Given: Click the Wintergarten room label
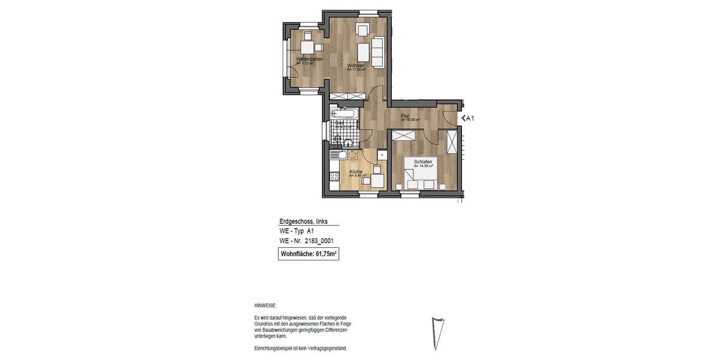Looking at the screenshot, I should pyautogui.click(x=310, y=59).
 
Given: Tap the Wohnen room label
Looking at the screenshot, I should pyautogui.click(x=356, y=65).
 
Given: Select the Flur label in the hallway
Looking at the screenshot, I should pyautogui.click(x=405, y=116).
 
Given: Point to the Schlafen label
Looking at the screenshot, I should pyautogui.click(x=423, y=161).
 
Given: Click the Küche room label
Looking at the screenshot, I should pyautogui.click(x=355, y=173).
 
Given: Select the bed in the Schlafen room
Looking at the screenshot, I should pyautogui.click(x=420, y=175).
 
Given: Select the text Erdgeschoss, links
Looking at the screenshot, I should pyautogui.click(x=304, y=221).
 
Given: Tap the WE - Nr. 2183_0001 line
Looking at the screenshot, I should pyautogui.click(x=306, y=241).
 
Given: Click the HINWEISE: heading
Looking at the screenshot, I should pyautogui.click(x=265, y=305).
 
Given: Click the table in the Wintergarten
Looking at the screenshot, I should pyautogui.click(x=307, y=47).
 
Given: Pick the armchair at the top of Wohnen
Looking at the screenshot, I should pyautogui.click(x=362, y=29).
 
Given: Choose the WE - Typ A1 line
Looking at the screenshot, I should pyautogui.click(x=296, y=231).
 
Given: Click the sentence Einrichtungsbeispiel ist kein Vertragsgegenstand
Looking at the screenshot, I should pyautogui.click(x=301, y=349).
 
